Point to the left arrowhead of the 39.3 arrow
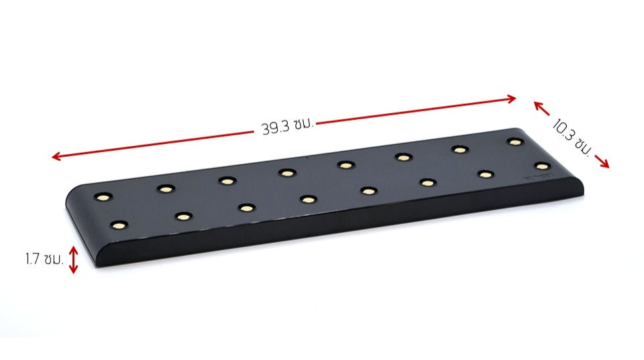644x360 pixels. [55, 158]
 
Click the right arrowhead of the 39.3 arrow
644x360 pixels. [513, 99]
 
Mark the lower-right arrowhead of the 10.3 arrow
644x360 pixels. [606, 166]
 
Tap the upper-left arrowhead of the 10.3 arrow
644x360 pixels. [537, 103]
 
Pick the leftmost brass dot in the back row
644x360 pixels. [103, 197]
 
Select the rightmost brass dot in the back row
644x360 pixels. [515, 141]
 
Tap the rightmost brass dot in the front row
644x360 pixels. [542, 165]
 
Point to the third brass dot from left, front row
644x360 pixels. [246, 207]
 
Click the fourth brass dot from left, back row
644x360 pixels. [287, 172]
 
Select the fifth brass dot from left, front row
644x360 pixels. [368, 190]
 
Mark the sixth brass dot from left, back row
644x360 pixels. [403, 157]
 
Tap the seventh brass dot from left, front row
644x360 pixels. [485, 174]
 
